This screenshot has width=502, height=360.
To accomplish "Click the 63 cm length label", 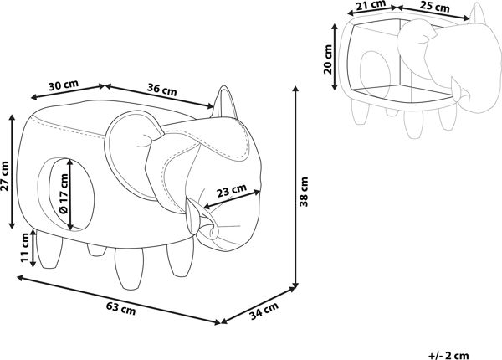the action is pyautogui.click(x=120, y=308).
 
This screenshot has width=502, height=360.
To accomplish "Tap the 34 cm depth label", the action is pyautogui.click(x=264, y=311).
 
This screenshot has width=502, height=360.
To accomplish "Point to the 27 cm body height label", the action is pyautogui.click(x=6, y=176).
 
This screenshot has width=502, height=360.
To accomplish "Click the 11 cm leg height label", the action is pyautogui.click(x=25, y=248).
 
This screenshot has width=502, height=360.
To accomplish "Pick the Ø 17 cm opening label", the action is pyautogui.click(x=64, y=194).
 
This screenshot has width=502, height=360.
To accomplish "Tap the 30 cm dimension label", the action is pyautogui.click(x=64, y=85).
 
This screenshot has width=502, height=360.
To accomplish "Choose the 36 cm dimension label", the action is pyautogui.click(x=162, y=90).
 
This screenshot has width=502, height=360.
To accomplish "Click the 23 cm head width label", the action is pyautogui.click(x=232, y=191).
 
